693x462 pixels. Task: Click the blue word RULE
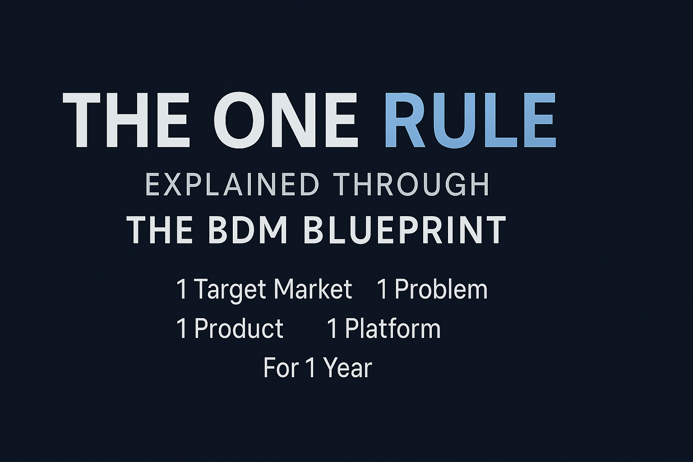pyautogui.click(x=470, y=120)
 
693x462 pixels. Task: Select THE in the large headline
pyautogui.click(x=125, y=120)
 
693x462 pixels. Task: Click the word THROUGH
pyautogui.click(x=411, y=185)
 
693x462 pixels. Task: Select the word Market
pyautogui.click(x=313, y=289)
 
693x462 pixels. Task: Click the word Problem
pyautogui.click(x=441, y=289)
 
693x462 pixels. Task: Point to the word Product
pyautogui.click(x=239, y=328)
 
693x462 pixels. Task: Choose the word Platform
pyautogui.click(x=393, y=329)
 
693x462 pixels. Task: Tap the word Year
pyautogui.click(x=348, y=368)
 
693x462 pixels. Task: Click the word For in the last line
pyautogui.click(x=281, y=368)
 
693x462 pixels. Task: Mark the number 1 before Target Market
pyautogui.click(x=182, y=289)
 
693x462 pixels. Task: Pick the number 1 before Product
pyautogui.click(x=182, y=328)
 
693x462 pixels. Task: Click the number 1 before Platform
pyautogui.click(x=333, y=328)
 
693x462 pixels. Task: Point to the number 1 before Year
pyautogui.click(x=310, y=368)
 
